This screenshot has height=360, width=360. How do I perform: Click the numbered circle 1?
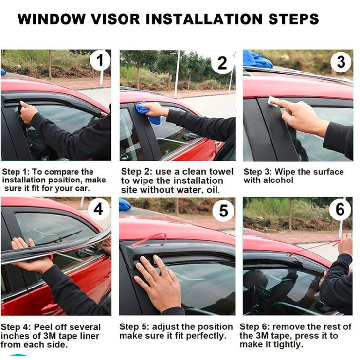point(100,60)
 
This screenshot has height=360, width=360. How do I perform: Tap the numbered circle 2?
point(222,63)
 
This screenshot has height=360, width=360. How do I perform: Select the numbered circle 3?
point(341,62)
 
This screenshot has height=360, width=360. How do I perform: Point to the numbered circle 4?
point(98,209)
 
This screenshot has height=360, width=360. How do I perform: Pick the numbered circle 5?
point(223,211)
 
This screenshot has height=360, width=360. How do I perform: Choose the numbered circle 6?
point(340,209)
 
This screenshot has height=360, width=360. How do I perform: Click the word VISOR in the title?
point(115,19)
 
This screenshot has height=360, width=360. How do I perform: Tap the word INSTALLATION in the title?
point(204,19)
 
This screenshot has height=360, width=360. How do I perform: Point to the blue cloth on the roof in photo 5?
point(125,205)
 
